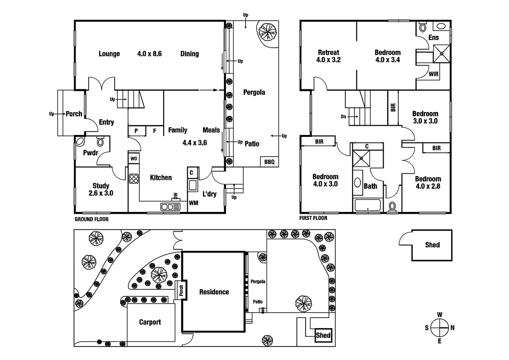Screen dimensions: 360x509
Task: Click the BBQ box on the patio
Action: (269, 162)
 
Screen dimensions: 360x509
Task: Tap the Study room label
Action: (101, 186)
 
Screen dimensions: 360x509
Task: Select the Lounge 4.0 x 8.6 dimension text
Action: (149, 54)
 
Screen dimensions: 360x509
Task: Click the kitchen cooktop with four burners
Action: (134, 179)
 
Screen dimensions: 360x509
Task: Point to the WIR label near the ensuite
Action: (433, 74)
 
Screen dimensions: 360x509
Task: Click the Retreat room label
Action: (328, 52)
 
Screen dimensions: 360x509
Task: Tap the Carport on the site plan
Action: (150, 322)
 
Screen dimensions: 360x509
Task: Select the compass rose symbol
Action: (439, 328)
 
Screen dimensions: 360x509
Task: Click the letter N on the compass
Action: (452, 328)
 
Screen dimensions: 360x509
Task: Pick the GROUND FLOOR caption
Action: (92, 219)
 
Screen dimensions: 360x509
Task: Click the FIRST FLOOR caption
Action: (313, 218)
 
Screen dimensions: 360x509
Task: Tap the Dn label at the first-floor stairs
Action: (343, 117)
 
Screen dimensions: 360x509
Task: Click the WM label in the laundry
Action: (194, 203)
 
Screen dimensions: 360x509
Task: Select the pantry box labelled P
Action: (136, 131)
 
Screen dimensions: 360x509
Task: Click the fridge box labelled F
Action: (155, 131)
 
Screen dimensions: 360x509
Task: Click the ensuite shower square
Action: (441, 54)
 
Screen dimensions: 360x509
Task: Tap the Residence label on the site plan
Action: (214, 292)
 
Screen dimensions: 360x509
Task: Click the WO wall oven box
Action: (134, 159)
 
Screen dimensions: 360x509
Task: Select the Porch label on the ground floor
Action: (74, 114)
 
